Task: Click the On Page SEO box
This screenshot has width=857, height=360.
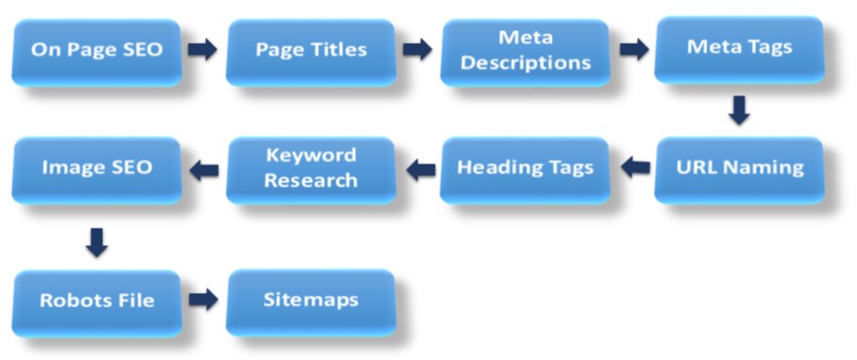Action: point(96,50)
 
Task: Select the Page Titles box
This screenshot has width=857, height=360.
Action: point(310,50)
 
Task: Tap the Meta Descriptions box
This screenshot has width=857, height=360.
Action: point(525,50)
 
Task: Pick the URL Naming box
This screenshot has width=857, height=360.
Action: point(738,167)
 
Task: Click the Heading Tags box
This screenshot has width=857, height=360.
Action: point(525,167)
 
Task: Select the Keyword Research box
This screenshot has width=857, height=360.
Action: point(310,167)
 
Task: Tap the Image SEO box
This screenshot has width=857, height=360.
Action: point(96,167)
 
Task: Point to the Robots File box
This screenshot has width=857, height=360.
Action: point(96,301)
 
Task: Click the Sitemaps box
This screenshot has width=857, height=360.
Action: point(310,300)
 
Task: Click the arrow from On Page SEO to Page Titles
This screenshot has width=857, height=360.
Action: point(202,50)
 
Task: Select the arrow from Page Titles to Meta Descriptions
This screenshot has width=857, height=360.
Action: point(417,50)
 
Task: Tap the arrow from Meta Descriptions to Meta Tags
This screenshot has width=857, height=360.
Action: point(633,50)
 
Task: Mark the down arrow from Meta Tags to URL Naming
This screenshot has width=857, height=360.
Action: point(739,109)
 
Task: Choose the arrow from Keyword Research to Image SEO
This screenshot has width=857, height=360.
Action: point(203,170)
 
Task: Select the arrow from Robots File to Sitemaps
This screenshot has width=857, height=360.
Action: point(202,300)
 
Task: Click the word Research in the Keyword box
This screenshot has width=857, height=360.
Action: point(310,180)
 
